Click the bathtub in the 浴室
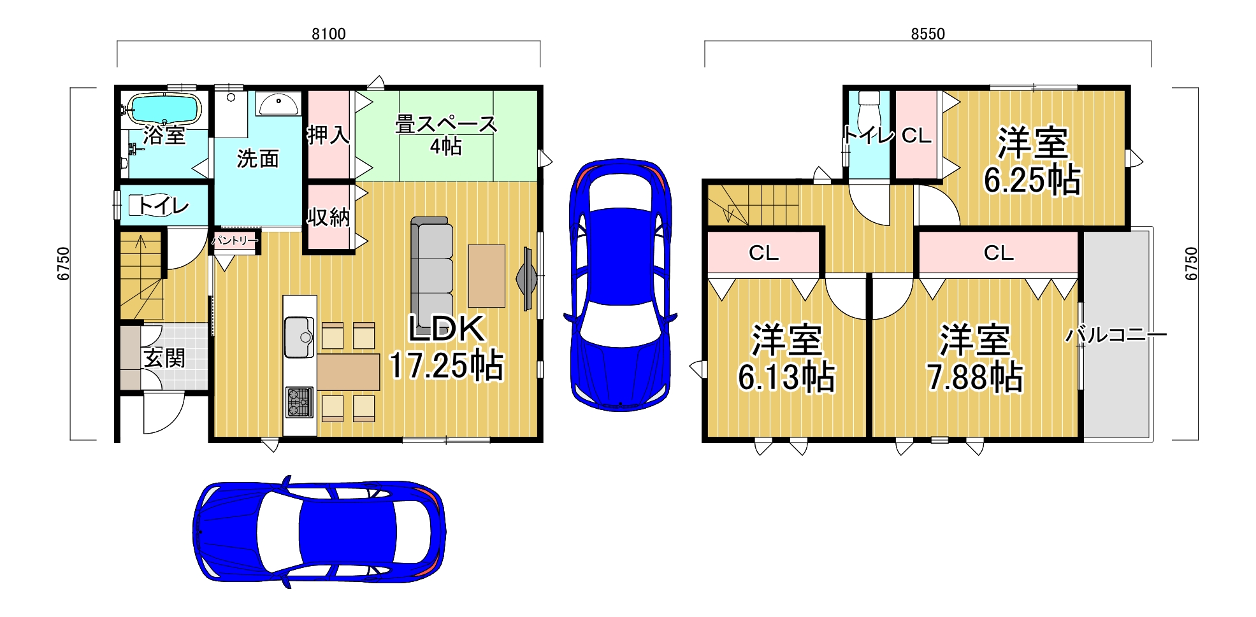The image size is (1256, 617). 164,109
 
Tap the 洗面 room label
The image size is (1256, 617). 258,159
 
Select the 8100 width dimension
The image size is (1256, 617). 329,34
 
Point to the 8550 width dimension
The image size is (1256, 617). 928,34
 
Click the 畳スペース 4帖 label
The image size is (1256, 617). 446,134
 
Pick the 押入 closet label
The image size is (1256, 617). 328,134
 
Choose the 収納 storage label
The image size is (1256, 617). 328,217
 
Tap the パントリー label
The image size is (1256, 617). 235,240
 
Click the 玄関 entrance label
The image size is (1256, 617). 164,358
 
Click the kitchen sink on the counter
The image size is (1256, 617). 299,337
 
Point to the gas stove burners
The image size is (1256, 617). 299,402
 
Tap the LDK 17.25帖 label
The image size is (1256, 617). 447,348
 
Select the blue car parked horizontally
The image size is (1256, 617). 319,531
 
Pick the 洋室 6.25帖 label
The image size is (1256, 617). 1032,161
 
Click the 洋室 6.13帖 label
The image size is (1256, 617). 786,358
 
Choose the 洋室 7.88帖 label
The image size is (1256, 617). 975,358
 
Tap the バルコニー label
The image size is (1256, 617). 1116,334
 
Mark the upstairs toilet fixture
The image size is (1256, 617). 869,111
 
